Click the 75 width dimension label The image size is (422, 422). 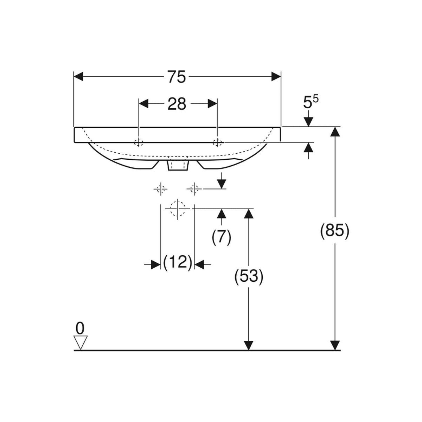[177, 77]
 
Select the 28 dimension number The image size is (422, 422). [177, 104]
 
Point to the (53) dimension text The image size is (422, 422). [249, 277]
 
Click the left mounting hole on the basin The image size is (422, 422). [139, 143]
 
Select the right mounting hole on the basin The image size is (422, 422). [217, 143]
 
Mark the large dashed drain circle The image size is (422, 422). [178, 209]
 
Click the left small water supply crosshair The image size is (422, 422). [161, 188]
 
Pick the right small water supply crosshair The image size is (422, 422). [194, 188]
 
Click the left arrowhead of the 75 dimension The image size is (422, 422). [78, 77]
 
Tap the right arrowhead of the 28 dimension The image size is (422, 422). [212, 104]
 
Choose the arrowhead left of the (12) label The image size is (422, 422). [156, 264]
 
